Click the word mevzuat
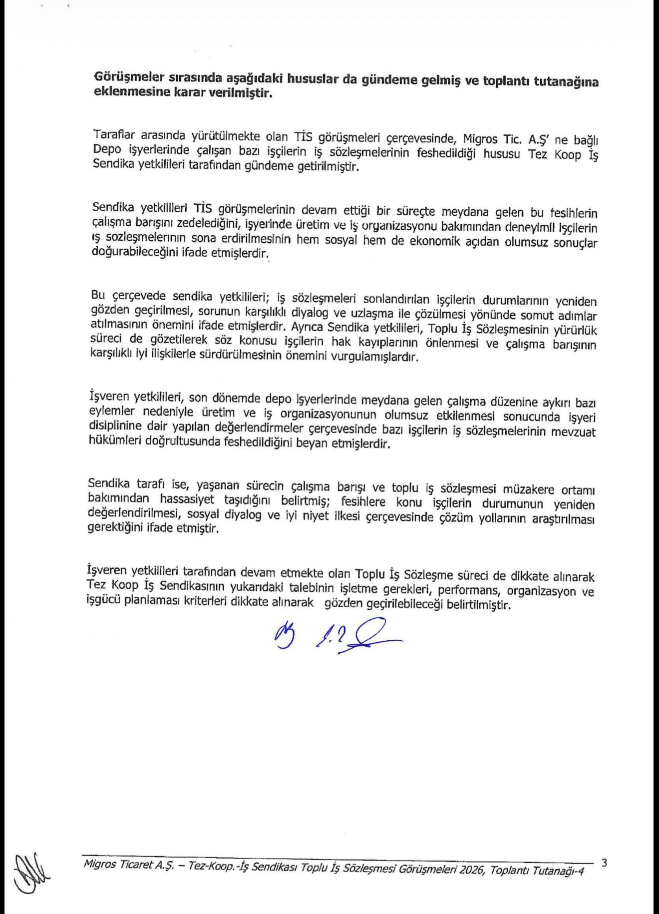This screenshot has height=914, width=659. [x=574, y=431]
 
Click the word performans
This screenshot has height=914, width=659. [x=471, y=591]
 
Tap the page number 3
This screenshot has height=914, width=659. [x=605, y=863]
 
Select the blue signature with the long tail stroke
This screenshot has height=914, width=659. [x=357, y=636]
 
